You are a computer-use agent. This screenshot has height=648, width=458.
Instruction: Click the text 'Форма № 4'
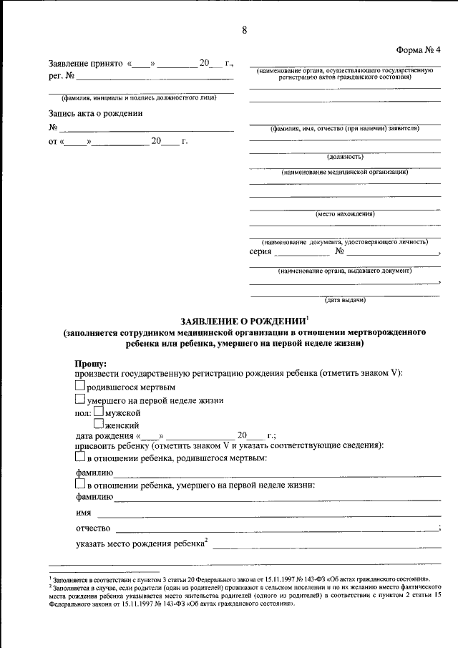pyautogui.click(x=419, y=49)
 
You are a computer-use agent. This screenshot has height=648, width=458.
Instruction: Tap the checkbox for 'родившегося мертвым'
pyautogui.click(x=80, y=387)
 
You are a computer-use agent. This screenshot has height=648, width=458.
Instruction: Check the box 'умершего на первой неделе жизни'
pyautogui.click(x=80, y=400)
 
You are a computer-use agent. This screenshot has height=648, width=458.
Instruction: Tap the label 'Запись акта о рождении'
pyautogui.click(x=95, y=113)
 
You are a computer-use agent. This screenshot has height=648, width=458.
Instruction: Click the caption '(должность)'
pyautogui.click(x=345, y=155)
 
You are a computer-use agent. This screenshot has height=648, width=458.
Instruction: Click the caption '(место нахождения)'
pyautogui.click(x=345, y=213)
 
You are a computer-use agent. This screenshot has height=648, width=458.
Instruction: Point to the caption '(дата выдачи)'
pyautogui.click(x=345, y=299)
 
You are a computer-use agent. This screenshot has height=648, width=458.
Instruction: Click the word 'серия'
pyautogui.click(x=260, y=252)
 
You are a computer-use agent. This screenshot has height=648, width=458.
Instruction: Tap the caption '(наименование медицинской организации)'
pyautogui.click(x=345, y=173)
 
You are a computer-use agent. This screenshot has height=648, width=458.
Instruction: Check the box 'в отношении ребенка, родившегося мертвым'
pyautogui.click(x=80, y=457)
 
